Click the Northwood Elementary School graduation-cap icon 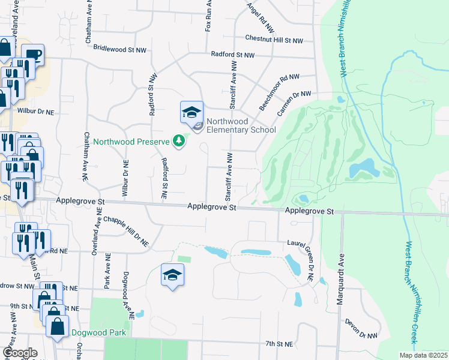point(191,112)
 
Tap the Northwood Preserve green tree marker point(178,141)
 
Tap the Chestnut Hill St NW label point(274,38)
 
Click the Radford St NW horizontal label point(232,55)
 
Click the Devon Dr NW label point(360,329)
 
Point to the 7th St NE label point(279,344)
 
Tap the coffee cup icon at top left point(34,55)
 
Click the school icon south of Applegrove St point(172,275)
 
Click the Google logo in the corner point(20,353)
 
